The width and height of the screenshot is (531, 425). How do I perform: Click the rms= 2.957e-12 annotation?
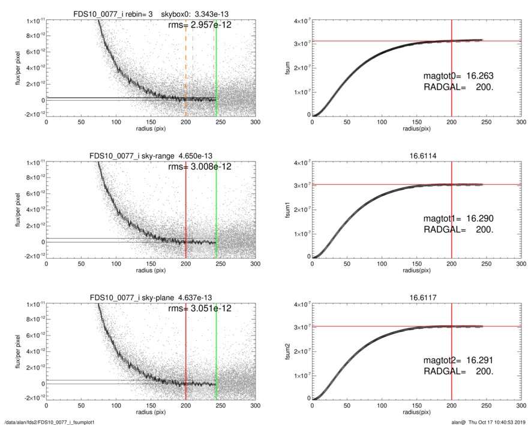(199, 25)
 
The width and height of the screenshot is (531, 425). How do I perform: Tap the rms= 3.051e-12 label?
(199, 309)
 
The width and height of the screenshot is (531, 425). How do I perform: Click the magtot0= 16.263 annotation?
(459, 76)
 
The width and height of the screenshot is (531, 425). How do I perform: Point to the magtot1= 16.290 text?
(459, 218)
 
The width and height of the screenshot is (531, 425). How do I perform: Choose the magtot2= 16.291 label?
(459, 360)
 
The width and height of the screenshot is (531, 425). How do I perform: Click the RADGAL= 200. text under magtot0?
(459, 88)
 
